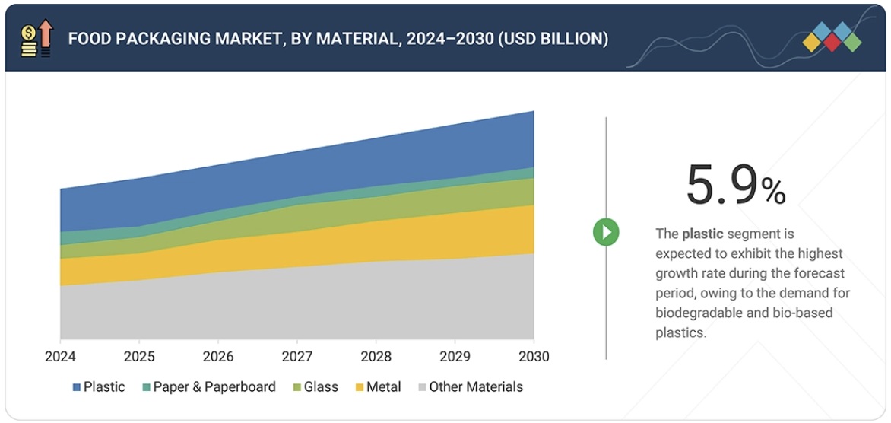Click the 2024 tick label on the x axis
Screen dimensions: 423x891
pyautogui.click(x=60, y=356)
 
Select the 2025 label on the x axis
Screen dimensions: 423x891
pyautogui.click(x=139, y=356)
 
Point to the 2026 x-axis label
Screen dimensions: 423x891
pyautogui.click(x=218, y=356)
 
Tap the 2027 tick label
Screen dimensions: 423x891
pyautogui.click(x=296, y=356)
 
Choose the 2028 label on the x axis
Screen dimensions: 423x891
pyautogui.click(x=376, y=356)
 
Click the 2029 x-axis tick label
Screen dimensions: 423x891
pyautogui.click(x=455, y=356)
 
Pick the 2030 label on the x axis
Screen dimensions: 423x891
pyautogui.click(x=533, y=356)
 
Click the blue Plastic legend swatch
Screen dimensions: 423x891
pyautogui.click(x=76, y=387)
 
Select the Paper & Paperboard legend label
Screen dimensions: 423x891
pyautogui.click(x=214, y=387)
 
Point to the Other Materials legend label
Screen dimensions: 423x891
pyautogui.click(x=476, y=387)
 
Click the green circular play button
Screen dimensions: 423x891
pyautogui.click(x=606, y=232)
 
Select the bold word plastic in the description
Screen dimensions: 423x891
pyautogui.click(x=702, y=234)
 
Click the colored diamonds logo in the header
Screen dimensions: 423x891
pyautogui.click(x=832, y=37)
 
